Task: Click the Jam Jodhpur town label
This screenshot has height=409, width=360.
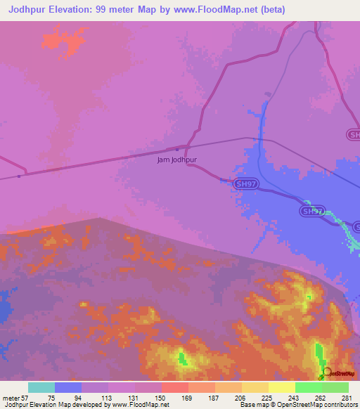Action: (x=176, y=160)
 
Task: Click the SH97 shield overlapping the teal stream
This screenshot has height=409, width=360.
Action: (x=313, y=211)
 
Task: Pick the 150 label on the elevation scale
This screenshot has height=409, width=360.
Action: (x=160, y=398)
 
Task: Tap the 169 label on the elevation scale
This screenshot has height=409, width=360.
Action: (x=187, y=398)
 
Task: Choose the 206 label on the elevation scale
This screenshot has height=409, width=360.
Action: (x=240, y=398)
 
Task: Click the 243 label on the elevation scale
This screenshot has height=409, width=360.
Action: (x=294, y=398)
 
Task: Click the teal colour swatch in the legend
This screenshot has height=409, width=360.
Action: (x=41, y=387)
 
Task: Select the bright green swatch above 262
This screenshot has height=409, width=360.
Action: (x=308, y=387)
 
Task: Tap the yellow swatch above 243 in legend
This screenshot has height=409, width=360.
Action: (x=281, y=387)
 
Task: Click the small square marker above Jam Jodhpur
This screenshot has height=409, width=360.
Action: (x=176, y=149)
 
